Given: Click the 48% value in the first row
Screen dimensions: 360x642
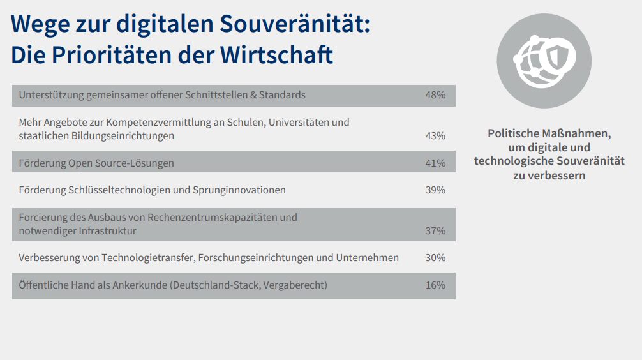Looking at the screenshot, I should (x=435, y=95).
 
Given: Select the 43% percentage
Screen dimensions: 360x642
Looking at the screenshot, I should (x=435, y=136).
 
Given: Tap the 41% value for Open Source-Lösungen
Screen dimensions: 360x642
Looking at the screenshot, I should (x=435, y=163).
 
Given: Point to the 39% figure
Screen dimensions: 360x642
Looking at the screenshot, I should (x=435, y=190).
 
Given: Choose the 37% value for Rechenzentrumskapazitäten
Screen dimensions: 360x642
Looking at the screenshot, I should (x=435, y=231).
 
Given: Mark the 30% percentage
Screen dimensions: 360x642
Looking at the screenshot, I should (x=435, y=258).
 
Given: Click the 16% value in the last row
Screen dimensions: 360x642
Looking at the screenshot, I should (x=435, y=285).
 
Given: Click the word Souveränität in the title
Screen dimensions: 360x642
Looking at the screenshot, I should (x=294, y=24).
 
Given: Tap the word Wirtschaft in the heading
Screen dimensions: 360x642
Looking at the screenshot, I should (x=277, y=55).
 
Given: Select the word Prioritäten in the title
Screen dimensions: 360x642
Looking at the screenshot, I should (x=112, y=55).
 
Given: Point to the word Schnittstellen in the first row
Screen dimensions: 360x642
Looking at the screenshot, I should (x=216, y=95).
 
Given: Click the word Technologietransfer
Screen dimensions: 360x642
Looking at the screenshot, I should (x=145, y=258).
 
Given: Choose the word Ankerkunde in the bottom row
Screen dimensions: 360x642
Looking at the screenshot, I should (x=140, y=285).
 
